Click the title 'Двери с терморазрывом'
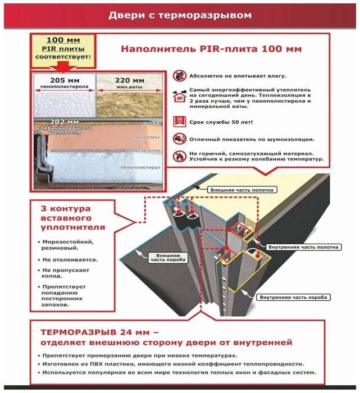[x=180, y=16]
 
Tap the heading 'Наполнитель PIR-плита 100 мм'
[x=211, y=49]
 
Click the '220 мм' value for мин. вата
[x=130, y=80]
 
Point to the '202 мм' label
[x=64, y=121]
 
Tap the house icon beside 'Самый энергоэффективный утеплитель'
[x=179, y=96]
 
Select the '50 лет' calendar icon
[x=179, y=121]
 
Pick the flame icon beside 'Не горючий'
[x=179, y=156]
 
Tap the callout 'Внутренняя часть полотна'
[x=304, y=247]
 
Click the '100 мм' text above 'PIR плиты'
[x=64, y=40]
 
